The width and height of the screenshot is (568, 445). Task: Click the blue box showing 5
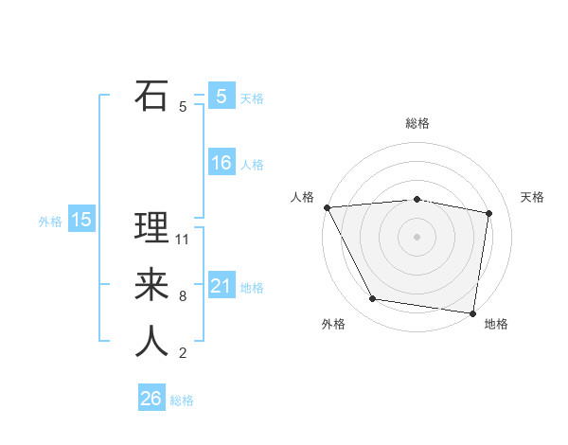(x=222, y=97)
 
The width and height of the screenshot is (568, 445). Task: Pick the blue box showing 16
(x=222, y=163)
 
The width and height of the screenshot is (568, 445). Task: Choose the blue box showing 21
(x=222, y=286)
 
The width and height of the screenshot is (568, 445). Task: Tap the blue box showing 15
(x=81, y=221)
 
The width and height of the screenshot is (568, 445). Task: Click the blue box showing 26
(x=151, y=399)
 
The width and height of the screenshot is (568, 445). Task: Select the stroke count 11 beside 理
(x=183, y=240)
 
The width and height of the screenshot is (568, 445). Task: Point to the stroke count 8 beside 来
(x=183, y=296)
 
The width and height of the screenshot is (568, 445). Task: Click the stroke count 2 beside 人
(x=183, y=353)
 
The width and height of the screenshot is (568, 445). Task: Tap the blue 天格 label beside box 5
(x=252, y=98)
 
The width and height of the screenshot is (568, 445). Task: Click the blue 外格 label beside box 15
(x=50, y=222)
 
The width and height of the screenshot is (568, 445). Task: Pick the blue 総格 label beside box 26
(x=182, y=400)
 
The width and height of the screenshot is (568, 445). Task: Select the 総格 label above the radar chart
(x=417, y=123)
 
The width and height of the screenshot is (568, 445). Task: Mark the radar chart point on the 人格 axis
(x=327, y=207)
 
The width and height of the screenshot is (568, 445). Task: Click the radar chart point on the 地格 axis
(x=472, y=311)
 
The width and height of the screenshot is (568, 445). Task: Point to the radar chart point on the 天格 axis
(x=488, y=213)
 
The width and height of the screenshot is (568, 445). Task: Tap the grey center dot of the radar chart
(x=417, y=236)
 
